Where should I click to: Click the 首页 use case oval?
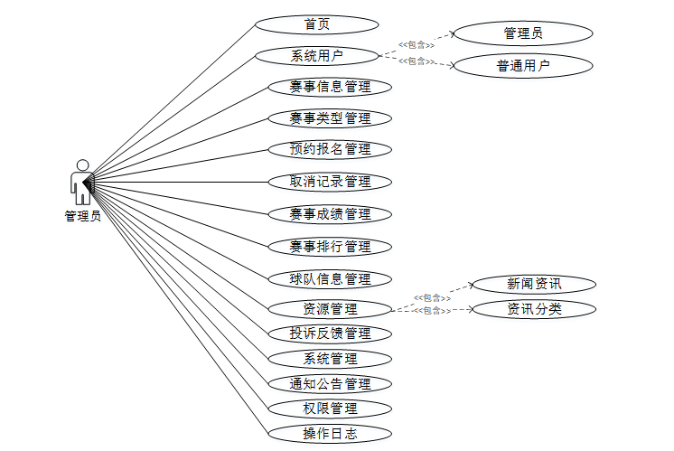point(316,24)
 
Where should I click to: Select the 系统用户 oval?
point(316,56)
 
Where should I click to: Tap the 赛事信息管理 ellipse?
point(331,87)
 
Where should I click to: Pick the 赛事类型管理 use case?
point(331,117)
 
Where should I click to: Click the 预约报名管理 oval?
point(331,149)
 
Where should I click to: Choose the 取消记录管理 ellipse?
point(331,182)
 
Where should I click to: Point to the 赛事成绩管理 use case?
point(331,214)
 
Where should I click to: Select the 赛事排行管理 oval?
point(331,247)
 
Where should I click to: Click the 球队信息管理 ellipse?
point(331,278)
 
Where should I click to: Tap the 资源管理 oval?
point(331,309)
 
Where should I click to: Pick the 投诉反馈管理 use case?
point(331,334)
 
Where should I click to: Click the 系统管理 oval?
point(331,359)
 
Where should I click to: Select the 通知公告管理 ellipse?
point(331,383)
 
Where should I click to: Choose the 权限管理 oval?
point(331,409)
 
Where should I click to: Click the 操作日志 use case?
point(331,434)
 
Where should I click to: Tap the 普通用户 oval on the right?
point(523,65)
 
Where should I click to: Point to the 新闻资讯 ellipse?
point(534,284)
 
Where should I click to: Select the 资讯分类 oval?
point(534,309)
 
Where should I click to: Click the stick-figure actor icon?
point(82,183)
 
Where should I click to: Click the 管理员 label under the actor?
point(82,217)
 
